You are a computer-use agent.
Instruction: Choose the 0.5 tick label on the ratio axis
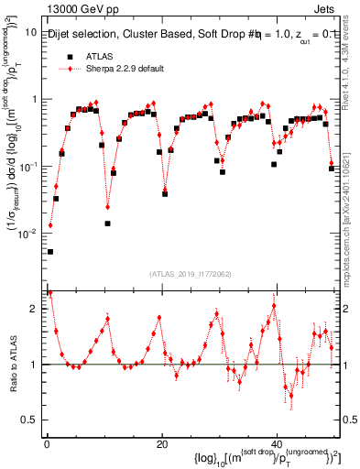pyautogui.click(x=29, y=420)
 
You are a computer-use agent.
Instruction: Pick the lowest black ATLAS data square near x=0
pyautogui.click(x=50, y=252)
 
